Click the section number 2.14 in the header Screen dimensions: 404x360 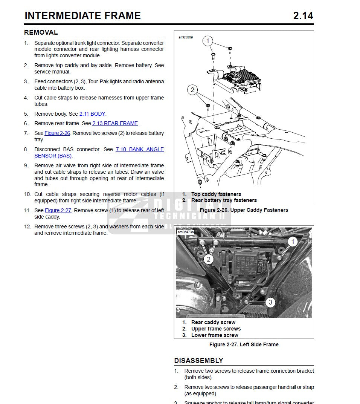pos(303,16)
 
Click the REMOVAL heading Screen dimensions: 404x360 pos(41,32)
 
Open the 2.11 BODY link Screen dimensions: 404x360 pos(92,114)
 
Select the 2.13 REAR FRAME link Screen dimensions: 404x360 pos(115,123)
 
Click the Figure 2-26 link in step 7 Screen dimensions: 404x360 pos(57,133)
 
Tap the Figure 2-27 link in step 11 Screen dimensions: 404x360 pos(58,210)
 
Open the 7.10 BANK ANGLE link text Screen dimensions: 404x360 pos(140,149)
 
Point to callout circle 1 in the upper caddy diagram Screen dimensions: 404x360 pos(207,41)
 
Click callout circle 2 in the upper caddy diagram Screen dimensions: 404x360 pos(192,90)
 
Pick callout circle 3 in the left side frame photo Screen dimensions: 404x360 pos(270,302)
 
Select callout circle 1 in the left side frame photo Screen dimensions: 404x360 pos(292,242)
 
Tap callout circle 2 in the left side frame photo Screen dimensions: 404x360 pos(209,259)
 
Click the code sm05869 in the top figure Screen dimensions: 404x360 pos(186,37)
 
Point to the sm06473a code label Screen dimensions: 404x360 pos(186,232)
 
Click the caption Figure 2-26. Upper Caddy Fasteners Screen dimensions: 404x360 pos(244,210)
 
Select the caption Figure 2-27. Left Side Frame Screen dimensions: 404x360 pos(244,344)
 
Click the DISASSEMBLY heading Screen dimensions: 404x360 pos(198,361)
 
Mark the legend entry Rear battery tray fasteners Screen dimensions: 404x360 pos(224,200)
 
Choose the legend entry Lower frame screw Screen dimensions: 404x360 pos(215,335)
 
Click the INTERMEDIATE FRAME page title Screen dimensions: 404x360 pos(82,16)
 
